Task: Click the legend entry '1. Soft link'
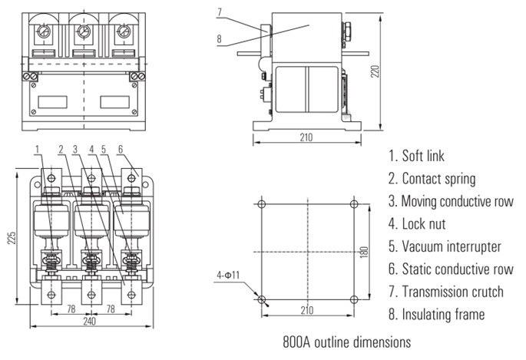click(x=416, y=157)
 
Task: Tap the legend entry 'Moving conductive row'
click(x=457, y=201)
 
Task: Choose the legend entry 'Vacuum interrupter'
click(x=449, y=246)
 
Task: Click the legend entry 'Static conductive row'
click(x=455, y=269)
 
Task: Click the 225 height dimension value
click(x=11, y=238)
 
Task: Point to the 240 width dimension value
click(x=90, y=323)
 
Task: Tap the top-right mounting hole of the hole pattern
click(x=354, y=204)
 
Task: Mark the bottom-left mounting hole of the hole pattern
click(x=261, y=299)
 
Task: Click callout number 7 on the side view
click(x=220, y=12)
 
